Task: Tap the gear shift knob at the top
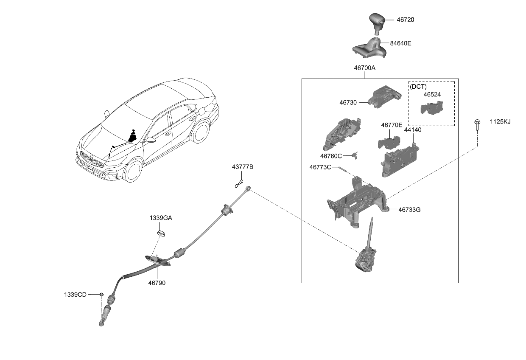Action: click(376, 21)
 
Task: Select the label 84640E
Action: click(400, 43)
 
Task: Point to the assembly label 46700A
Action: click(365, 68)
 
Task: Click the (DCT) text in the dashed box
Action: click(418, 86)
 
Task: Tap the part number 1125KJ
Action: click(500, 122)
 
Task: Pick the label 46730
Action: click(348, 102)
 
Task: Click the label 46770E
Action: click(391, 125)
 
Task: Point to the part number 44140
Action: click(412, 130)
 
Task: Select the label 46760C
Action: click(331, 156)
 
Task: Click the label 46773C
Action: click(320, 167)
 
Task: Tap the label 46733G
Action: click(409, 210)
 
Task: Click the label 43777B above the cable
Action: click(242, 167)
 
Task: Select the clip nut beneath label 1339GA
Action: click(161, 232)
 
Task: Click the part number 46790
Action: click(157, 283)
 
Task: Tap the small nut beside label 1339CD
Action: click(102, 294)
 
